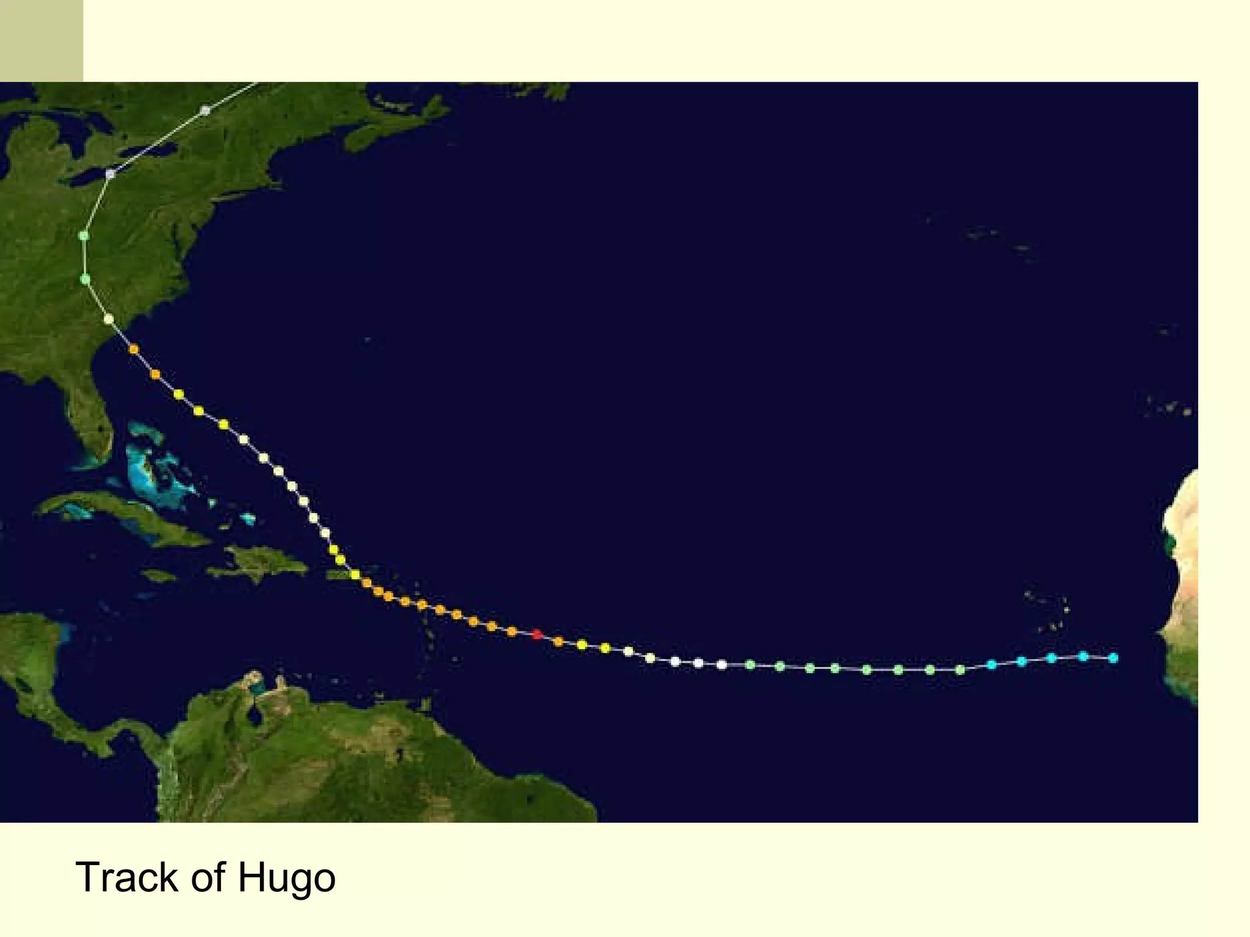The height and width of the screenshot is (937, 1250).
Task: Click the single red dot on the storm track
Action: [x=537, y=635]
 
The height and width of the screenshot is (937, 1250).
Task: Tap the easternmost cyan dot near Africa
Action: [x=1113, y=658]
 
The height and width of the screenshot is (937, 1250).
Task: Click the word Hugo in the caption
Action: [x=286, y=878]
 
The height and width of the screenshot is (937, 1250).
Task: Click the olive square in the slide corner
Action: [x=42, y=41]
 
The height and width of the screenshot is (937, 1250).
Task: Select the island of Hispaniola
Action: [x=262, y=561]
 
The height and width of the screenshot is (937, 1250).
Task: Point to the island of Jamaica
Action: [x=159, y=575]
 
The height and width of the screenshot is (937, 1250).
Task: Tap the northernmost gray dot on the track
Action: [x=206, y=110]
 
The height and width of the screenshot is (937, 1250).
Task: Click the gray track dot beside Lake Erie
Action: [x=110, y=174]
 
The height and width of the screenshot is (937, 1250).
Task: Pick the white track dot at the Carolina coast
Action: [x=109, y=319]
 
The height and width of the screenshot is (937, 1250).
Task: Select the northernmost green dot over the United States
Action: [x=84, y=235]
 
